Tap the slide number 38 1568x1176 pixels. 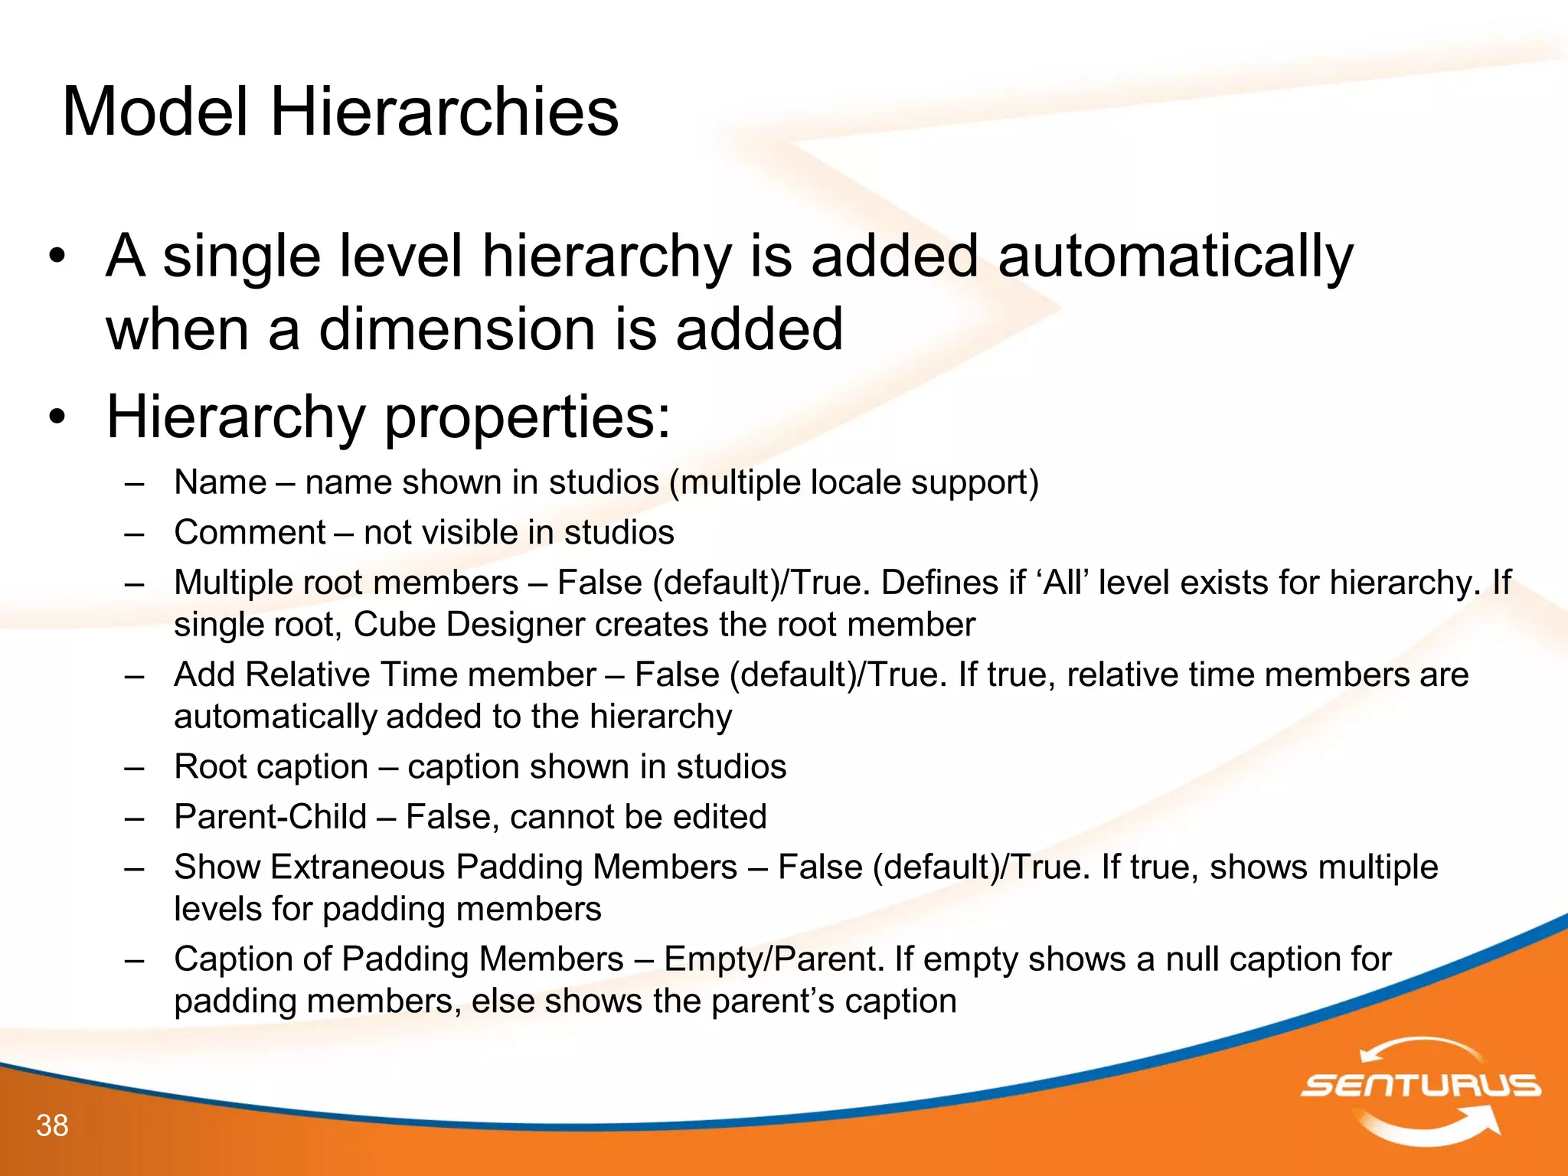(x=52, y=1125)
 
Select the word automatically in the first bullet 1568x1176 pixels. (x=1175, y=257)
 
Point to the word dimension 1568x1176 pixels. (x=456, y=329)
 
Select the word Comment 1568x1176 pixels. (x=250, y=533)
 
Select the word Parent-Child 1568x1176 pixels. (x=270, y=817)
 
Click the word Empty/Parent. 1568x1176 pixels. (x=774, y=959)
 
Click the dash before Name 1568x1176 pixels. (x=134, y=483)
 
